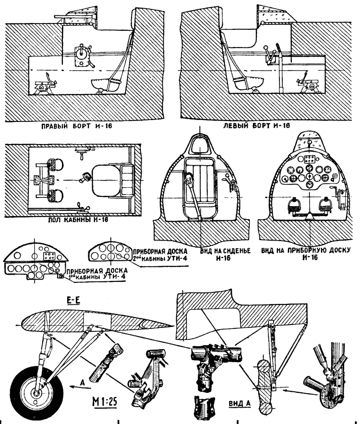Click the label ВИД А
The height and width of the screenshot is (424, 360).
239,403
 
